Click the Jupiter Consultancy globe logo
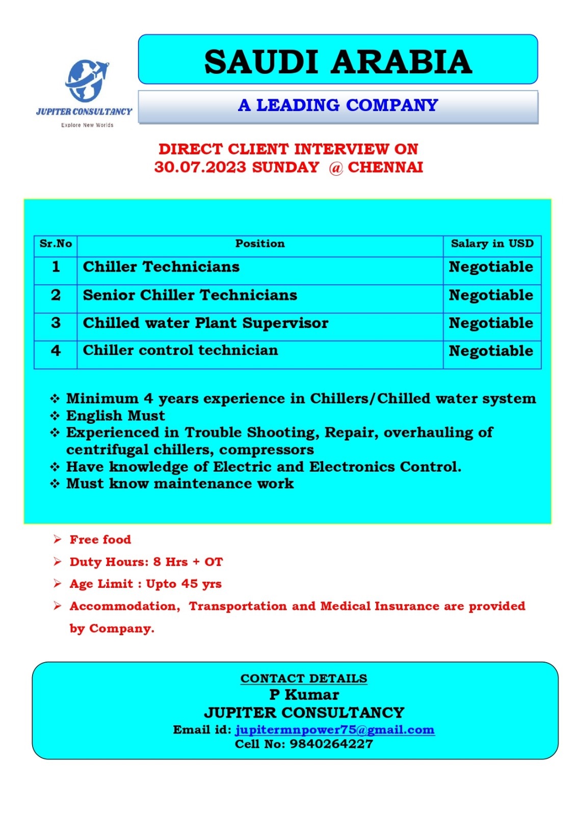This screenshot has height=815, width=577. click(x=86, y=80)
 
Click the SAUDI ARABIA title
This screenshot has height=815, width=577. click(x=338, y=62)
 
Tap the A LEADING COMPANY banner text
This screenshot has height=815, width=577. click(x=338, y=105)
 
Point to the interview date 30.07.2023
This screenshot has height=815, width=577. click(x=200, y=168)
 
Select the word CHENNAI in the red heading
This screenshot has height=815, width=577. click(x=385, y=168)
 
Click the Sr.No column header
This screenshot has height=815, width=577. click(x=56, y=244)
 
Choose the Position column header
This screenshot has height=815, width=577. click(x=260, y=244)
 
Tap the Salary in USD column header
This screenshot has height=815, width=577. click(x=492, y=244)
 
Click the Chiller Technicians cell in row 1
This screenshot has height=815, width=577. click(x=161, y=267)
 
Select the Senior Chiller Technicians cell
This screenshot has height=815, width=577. click(x=190, y=295)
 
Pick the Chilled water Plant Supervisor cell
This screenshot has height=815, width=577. click(x=205, y=323)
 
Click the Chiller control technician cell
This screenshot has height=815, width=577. click(x=180, y=350)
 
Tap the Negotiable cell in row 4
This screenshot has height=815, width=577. click(x=491, y=351)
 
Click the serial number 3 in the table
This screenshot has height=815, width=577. click(x=56, y=323)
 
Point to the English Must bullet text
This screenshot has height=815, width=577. click(x=116, y=416)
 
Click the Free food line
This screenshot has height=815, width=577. click(x=100, y=539)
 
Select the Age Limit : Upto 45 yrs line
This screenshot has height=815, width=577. click(x=146, y=584)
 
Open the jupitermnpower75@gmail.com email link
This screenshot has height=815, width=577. click(x=334, y=730)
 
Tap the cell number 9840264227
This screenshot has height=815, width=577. click(x=331, y=744)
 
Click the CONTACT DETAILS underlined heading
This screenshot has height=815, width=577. click(x=304, y=679)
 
